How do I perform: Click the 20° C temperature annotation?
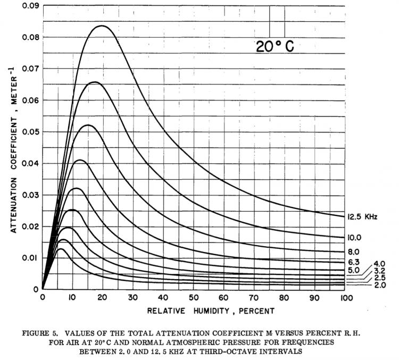coord(275,47)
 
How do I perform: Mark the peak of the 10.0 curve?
coord(95,82)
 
